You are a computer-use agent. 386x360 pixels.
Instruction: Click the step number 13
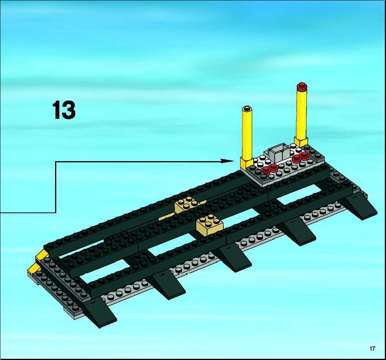[x=64, y=110]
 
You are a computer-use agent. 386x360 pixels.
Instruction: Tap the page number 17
[x=372, y=348]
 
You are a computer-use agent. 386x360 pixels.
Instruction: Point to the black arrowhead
[x=227, y=161]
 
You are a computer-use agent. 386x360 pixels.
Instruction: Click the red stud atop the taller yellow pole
[x=302, y=87]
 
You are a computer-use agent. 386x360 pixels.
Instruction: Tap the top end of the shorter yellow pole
[x=247, y=108]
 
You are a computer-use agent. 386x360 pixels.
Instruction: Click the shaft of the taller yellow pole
[x=302, y=114]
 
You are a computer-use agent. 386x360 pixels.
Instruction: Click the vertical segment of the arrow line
[x=55, y=187]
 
